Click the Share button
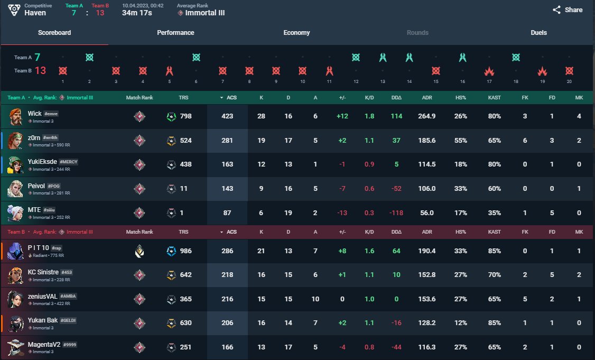coord(568,10)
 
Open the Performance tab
coord(175,33)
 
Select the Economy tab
coord(296,33)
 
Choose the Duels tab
coord(538,33)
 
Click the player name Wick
coord(35,113)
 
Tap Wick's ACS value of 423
coord(227,116)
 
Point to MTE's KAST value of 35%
coord(495,213)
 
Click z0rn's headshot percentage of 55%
coord(460,141)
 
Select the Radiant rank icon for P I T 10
coord(140,251)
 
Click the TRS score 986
coord(185,251)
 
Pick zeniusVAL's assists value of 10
coord(315,299)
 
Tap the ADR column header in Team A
coord(427,98)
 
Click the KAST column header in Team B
coord(495,232)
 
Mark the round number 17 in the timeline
coord(489,81)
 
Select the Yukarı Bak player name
coord(43,320)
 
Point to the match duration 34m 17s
coord(137,13)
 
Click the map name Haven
coord(35,13)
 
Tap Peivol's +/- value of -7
coord(342,189)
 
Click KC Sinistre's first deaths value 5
coord(552,275)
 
